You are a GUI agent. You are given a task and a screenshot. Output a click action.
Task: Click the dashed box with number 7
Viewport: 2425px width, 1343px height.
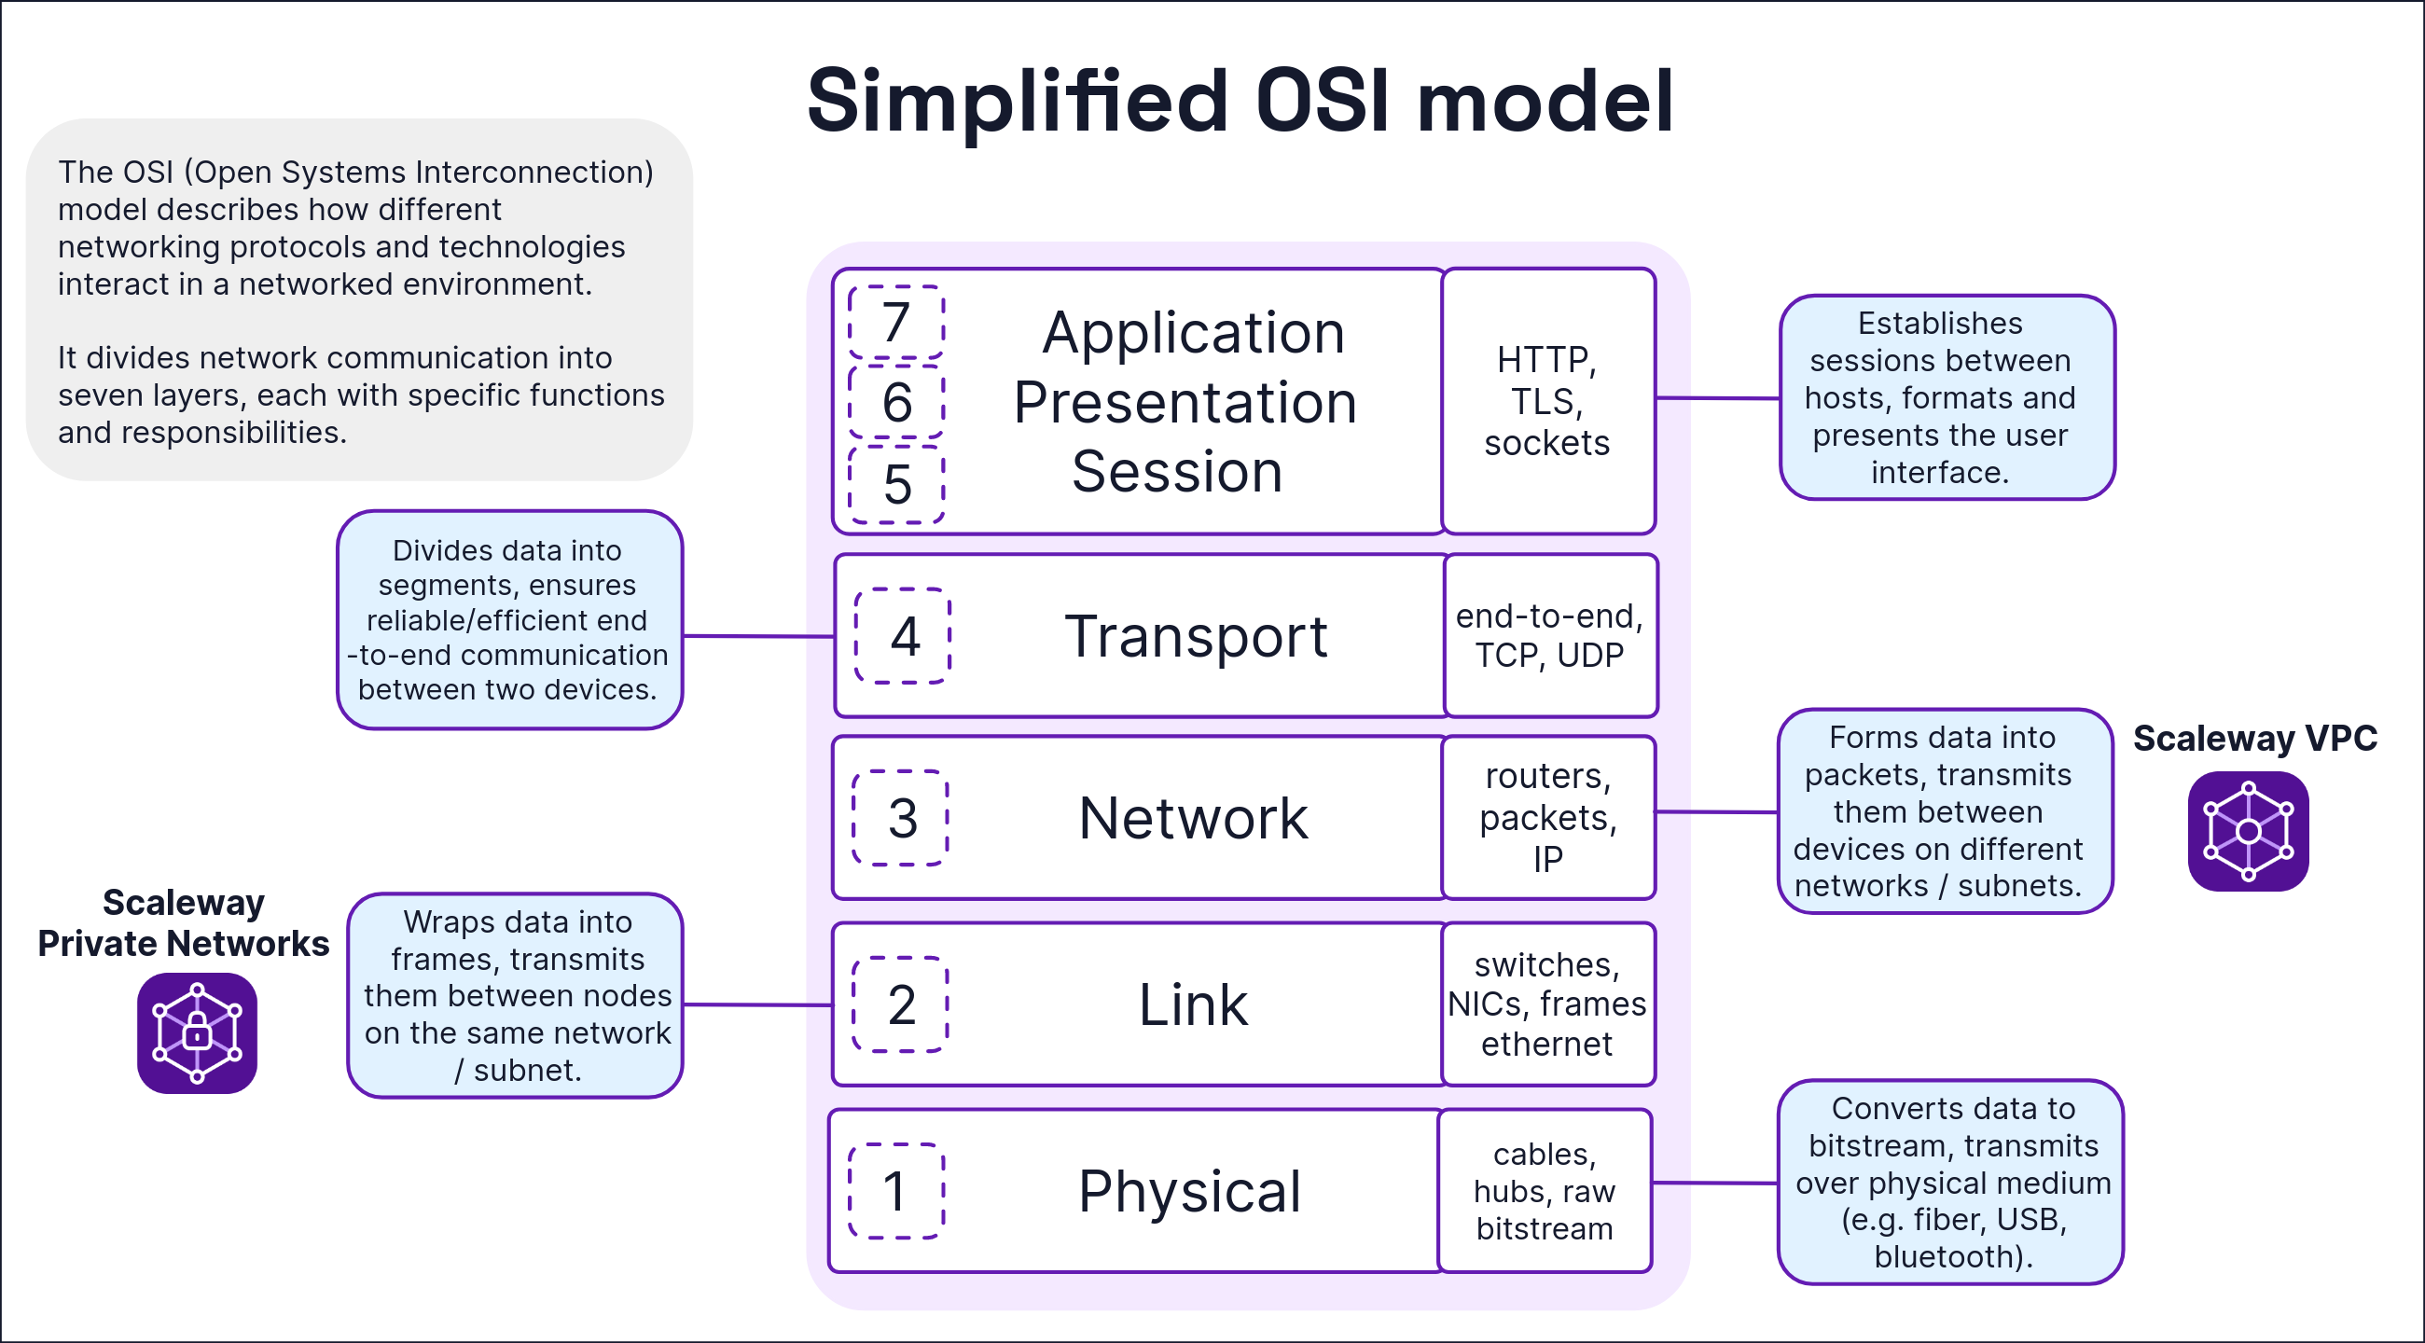click(x=896, y=322)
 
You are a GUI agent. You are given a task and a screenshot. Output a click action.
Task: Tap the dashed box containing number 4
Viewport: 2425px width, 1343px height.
click(x=903, y=636)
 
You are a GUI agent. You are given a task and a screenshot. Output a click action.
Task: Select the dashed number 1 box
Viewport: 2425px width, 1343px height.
click(x=896, y=1191)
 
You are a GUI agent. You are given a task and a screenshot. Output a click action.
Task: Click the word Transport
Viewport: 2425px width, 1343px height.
click(x=1196, y=636)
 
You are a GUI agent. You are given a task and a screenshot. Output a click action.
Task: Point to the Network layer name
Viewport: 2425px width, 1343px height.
click(x=1193, y=818)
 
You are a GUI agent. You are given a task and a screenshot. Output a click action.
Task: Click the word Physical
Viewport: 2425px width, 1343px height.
click(x=1190, y=1191)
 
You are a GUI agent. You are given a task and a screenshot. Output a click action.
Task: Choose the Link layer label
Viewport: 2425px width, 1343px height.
click(x=1193, y=1004)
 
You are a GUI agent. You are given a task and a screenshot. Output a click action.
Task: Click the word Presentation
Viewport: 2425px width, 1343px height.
click(x=1185, y=403)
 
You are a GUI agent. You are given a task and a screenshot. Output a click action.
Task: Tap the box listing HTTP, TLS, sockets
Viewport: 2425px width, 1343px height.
click(x=1547, y=401)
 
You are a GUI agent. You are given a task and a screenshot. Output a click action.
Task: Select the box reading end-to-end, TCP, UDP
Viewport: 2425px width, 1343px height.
click(x=1549, y=635)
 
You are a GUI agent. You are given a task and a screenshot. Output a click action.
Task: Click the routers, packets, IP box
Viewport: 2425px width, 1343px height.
click(x=1547, y=817)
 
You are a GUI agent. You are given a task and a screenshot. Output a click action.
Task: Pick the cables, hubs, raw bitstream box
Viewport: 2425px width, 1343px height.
click(x=1545, y=1191)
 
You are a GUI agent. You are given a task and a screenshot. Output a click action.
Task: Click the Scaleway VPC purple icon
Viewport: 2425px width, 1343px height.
click(x=2248, y=831)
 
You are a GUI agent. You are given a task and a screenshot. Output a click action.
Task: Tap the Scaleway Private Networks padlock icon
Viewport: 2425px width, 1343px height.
click(x=197, y=1032)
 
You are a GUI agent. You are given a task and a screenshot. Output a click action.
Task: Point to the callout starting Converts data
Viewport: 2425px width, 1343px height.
click(x=1950, y=1182)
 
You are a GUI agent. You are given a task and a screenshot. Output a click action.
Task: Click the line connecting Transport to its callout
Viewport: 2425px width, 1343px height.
click(x=757, y=636)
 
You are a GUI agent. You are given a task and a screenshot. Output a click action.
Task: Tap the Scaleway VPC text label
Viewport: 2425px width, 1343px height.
click(x=2254, y=738)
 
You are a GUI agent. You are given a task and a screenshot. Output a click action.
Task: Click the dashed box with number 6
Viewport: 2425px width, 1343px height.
click(x=896, y=402)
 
